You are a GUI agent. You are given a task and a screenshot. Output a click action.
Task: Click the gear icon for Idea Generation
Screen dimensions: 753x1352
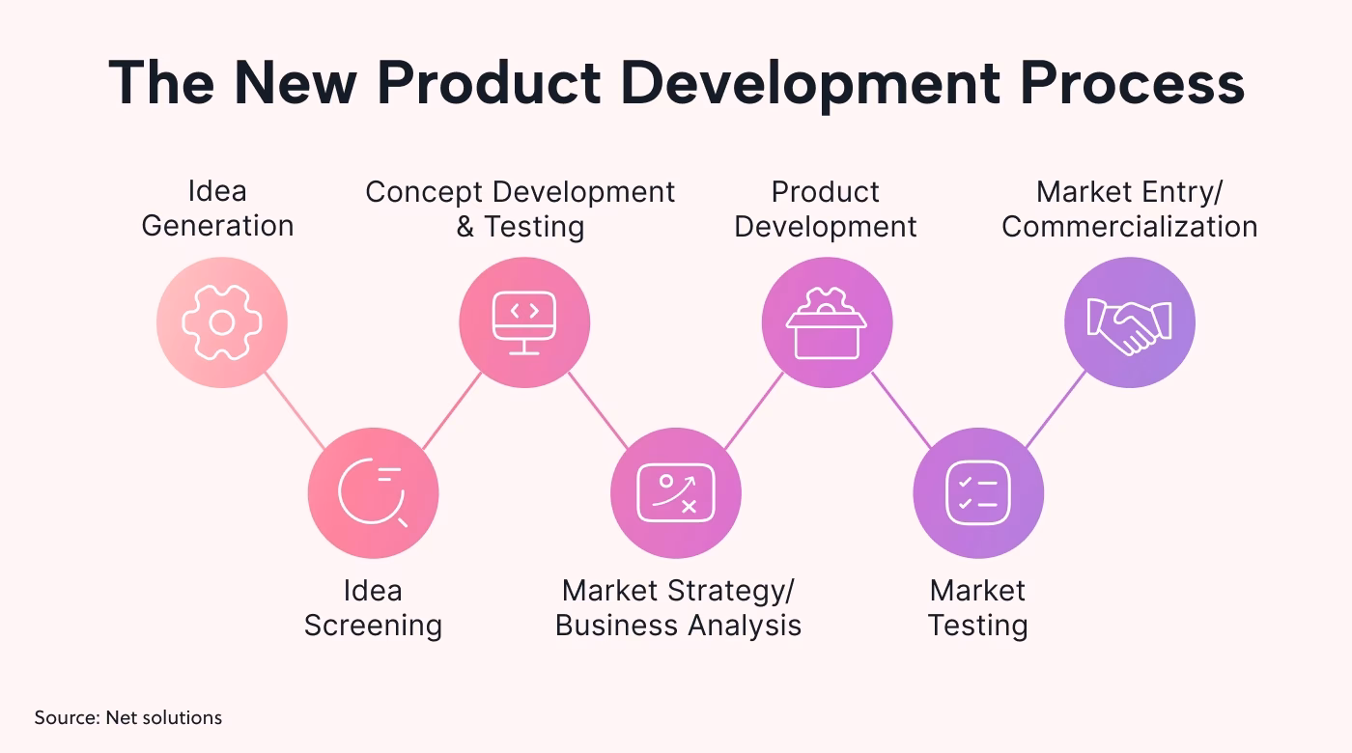222,322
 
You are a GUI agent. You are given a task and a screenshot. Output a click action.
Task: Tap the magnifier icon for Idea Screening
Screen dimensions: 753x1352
373,493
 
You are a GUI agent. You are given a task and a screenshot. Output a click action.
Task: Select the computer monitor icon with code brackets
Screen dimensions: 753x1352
524,322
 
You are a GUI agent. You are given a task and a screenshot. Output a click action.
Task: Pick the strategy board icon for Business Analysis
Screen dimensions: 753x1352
676,493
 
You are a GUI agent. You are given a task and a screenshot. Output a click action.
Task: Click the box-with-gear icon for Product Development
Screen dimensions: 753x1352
827,322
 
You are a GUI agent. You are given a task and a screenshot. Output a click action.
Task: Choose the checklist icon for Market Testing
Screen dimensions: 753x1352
978,493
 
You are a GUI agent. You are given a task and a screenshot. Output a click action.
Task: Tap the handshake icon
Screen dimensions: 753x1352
1130,322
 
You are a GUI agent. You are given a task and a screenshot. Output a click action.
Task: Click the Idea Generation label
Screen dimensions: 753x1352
217,209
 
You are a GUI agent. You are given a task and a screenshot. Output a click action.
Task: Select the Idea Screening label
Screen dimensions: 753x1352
373,607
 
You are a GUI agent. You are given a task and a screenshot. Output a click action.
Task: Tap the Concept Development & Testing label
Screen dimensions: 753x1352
521,209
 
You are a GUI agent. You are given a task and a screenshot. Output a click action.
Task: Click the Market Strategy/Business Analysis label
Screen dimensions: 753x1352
678,607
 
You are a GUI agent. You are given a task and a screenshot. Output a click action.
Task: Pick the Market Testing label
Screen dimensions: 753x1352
977,607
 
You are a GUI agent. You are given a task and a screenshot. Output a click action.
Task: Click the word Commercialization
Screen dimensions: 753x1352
1130,226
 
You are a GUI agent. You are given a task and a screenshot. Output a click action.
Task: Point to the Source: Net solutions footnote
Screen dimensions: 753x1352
128,717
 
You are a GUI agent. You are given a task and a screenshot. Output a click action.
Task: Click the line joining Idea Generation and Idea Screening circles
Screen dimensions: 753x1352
296,410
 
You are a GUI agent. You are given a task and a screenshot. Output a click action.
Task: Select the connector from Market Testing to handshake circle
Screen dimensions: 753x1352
1056,409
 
